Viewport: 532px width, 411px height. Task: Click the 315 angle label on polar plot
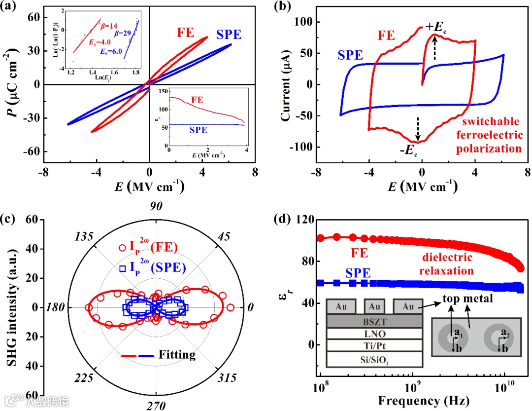click(228, 378)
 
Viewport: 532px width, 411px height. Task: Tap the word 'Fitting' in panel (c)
click(177, 354)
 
